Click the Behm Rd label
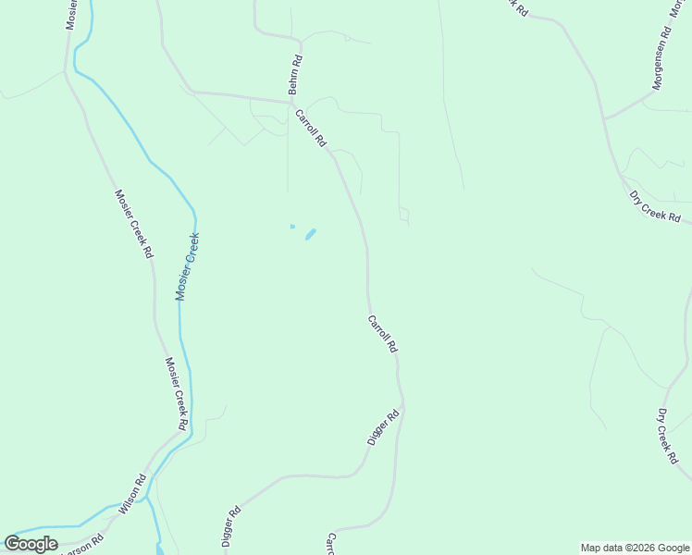coord(295,75)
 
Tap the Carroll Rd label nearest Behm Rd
coord(311,129)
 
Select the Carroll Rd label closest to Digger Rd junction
coord(382,334)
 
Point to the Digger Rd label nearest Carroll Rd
coord(382,428)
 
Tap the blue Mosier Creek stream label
coord(188,266)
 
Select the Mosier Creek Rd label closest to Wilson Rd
coord(177,393)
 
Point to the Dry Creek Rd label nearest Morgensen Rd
coord(654,207)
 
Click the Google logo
coord(31,544)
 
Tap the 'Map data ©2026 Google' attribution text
coord(635,548)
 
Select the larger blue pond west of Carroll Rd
coord(310,234)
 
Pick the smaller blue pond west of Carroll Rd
coord(292,226)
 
